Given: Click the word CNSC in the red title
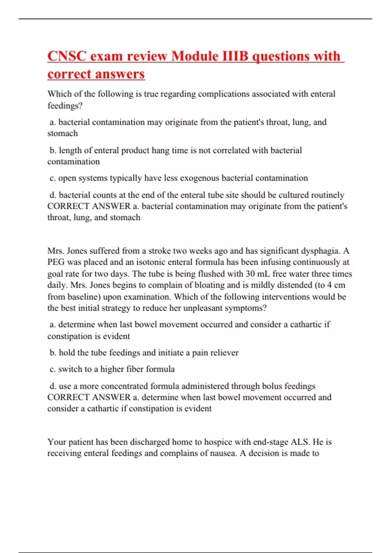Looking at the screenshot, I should pos(67,56).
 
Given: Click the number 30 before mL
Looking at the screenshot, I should pos(250,274).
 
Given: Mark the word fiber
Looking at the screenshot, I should pos(134,369).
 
